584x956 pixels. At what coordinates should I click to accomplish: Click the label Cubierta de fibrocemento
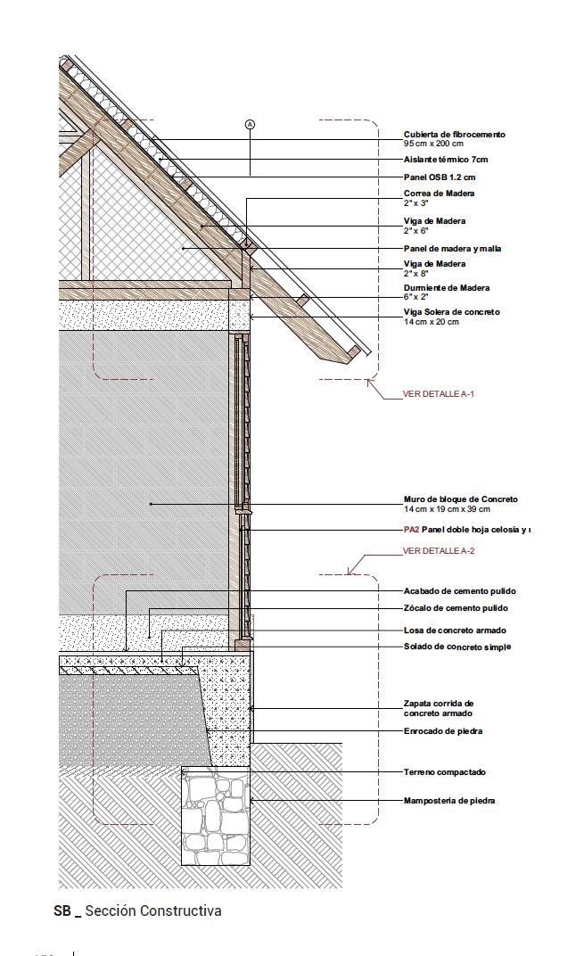(x=454, y=135)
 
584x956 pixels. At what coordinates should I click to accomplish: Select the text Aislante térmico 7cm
(x=446, y=160)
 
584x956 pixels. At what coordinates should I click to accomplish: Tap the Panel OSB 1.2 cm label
(x=440, y=177)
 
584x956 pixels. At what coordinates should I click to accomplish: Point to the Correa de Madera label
(x=439, y=194)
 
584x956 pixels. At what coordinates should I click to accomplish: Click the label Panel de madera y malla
(x=452, y=249)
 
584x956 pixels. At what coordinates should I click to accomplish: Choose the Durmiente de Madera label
(x=446, y=288)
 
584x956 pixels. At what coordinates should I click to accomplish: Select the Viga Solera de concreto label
(x=451, y=312)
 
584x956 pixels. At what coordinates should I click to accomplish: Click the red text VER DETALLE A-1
(x=439, y=393)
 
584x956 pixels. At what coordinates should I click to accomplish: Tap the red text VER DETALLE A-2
(x=439, y=551)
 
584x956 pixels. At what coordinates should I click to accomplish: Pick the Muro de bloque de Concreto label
(x=460, y=499)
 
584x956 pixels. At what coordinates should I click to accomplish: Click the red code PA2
(x=411, y=530)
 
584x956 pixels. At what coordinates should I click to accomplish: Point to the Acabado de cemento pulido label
(x=459, y=591)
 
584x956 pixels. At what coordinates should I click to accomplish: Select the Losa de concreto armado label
(x=455, y=630)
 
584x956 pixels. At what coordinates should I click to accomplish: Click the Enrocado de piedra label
(x=443, y=731)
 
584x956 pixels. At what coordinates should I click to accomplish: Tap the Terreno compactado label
(x=445, y=772)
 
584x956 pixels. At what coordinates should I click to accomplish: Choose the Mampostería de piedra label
(x=449, y=801)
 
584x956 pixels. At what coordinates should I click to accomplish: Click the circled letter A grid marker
(x=250, y=125)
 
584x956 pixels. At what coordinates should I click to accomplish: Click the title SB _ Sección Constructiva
(x=137, y=911)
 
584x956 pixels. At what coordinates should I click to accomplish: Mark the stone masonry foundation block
(x=216, y=816)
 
